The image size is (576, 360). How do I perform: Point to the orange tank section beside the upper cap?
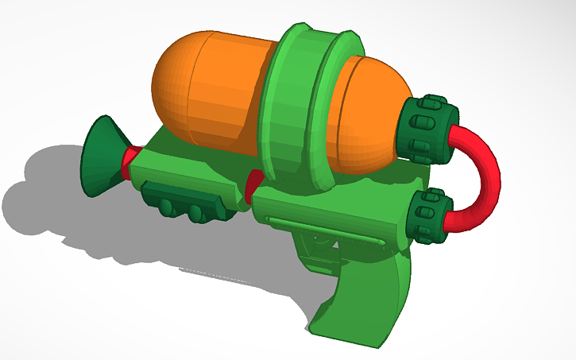tap(367, 119)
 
